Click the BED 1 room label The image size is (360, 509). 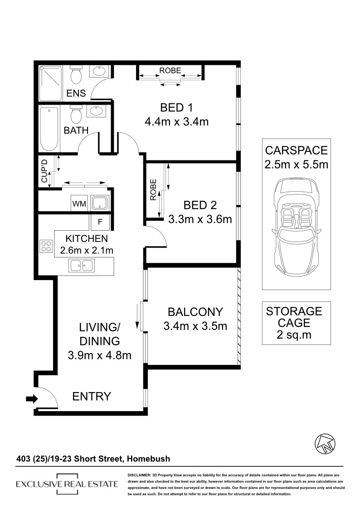(176, 107)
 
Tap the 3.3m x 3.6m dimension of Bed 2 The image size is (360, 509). (200, 219)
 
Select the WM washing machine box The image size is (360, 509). (79, 204)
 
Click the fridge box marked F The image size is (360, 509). (100, 223)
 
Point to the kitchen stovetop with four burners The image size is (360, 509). (46, 246)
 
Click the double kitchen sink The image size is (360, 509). (82, 266)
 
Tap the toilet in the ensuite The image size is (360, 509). (76, 74)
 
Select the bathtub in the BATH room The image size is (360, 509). (49, 129)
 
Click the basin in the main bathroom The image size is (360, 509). (96, 111)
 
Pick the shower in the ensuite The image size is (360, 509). (50, 83)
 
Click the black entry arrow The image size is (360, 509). (32, 398)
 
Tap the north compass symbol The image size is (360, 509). (325, 443)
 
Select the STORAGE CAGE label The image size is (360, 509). (294, 317)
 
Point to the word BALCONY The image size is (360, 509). (195, 312)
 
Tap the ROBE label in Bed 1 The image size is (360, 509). (170, 70)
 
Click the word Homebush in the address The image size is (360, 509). (148, 459)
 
